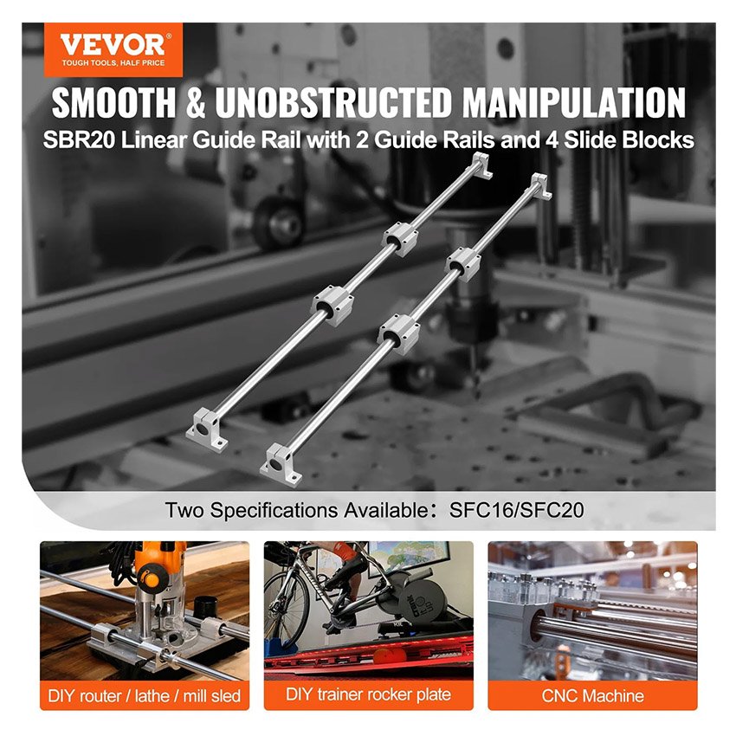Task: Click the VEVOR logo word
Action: pos(113,45)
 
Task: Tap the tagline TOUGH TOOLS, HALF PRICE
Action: pos(113,63)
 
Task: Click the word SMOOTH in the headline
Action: pos(114,102)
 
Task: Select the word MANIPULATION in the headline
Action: pos(573,102)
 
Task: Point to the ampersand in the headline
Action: pos(196,102)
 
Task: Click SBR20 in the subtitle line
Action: pos(79,140)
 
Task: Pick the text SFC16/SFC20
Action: pos(516,510)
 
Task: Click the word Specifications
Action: pos(274,511)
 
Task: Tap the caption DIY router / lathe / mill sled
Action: pos(144,695)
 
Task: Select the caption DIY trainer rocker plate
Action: pos(369,694)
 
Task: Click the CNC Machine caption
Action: pos(593,695)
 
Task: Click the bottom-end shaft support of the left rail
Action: pos(207,429)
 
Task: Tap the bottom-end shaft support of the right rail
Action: pos(281,465)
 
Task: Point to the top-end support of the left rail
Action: pos(482,165)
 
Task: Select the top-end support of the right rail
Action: pos(541,185)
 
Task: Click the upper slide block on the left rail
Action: pos(400,238)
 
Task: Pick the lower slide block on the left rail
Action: pos(332,305)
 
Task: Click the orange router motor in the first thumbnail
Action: pos(154,568)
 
